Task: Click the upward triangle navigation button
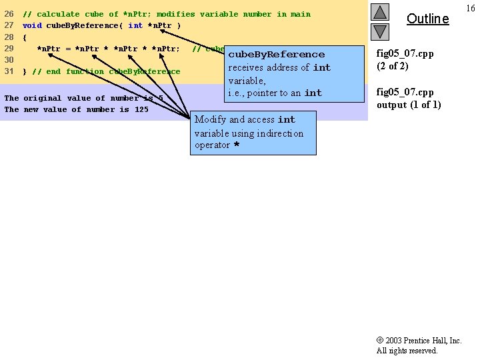click(380, 12)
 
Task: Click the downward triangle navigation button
click(380, 31)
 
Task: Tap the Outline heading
click(427, 19)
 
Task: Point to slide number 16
click(471, 8)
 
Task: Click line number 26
click(9, 14)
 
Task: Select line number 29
click(9, 49)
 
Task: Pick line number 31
click(9, 71)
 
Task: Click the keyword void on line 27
click(32, 25)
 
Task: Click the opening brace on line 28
click(25, 37)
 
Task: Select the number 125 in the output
click(141, 109)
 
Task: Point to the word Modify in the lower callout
click(210, 119)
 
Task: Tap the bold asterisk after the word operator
click(236, 145)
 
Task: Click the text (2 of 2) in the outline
click(393, 66)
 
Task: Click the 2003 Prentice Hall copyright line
click(419, 341)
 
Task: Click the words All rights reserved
click(407, 351)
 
